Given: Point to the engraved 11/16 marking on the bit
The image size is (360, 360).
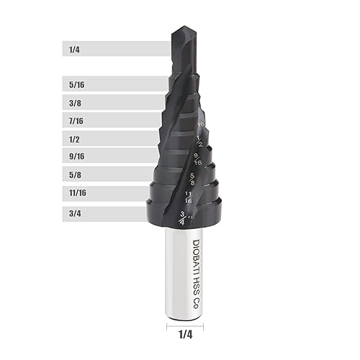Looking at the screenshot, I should point(188,197).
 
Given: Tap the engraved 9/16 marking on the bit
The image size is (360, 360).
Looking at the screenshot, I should point(197,159).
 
